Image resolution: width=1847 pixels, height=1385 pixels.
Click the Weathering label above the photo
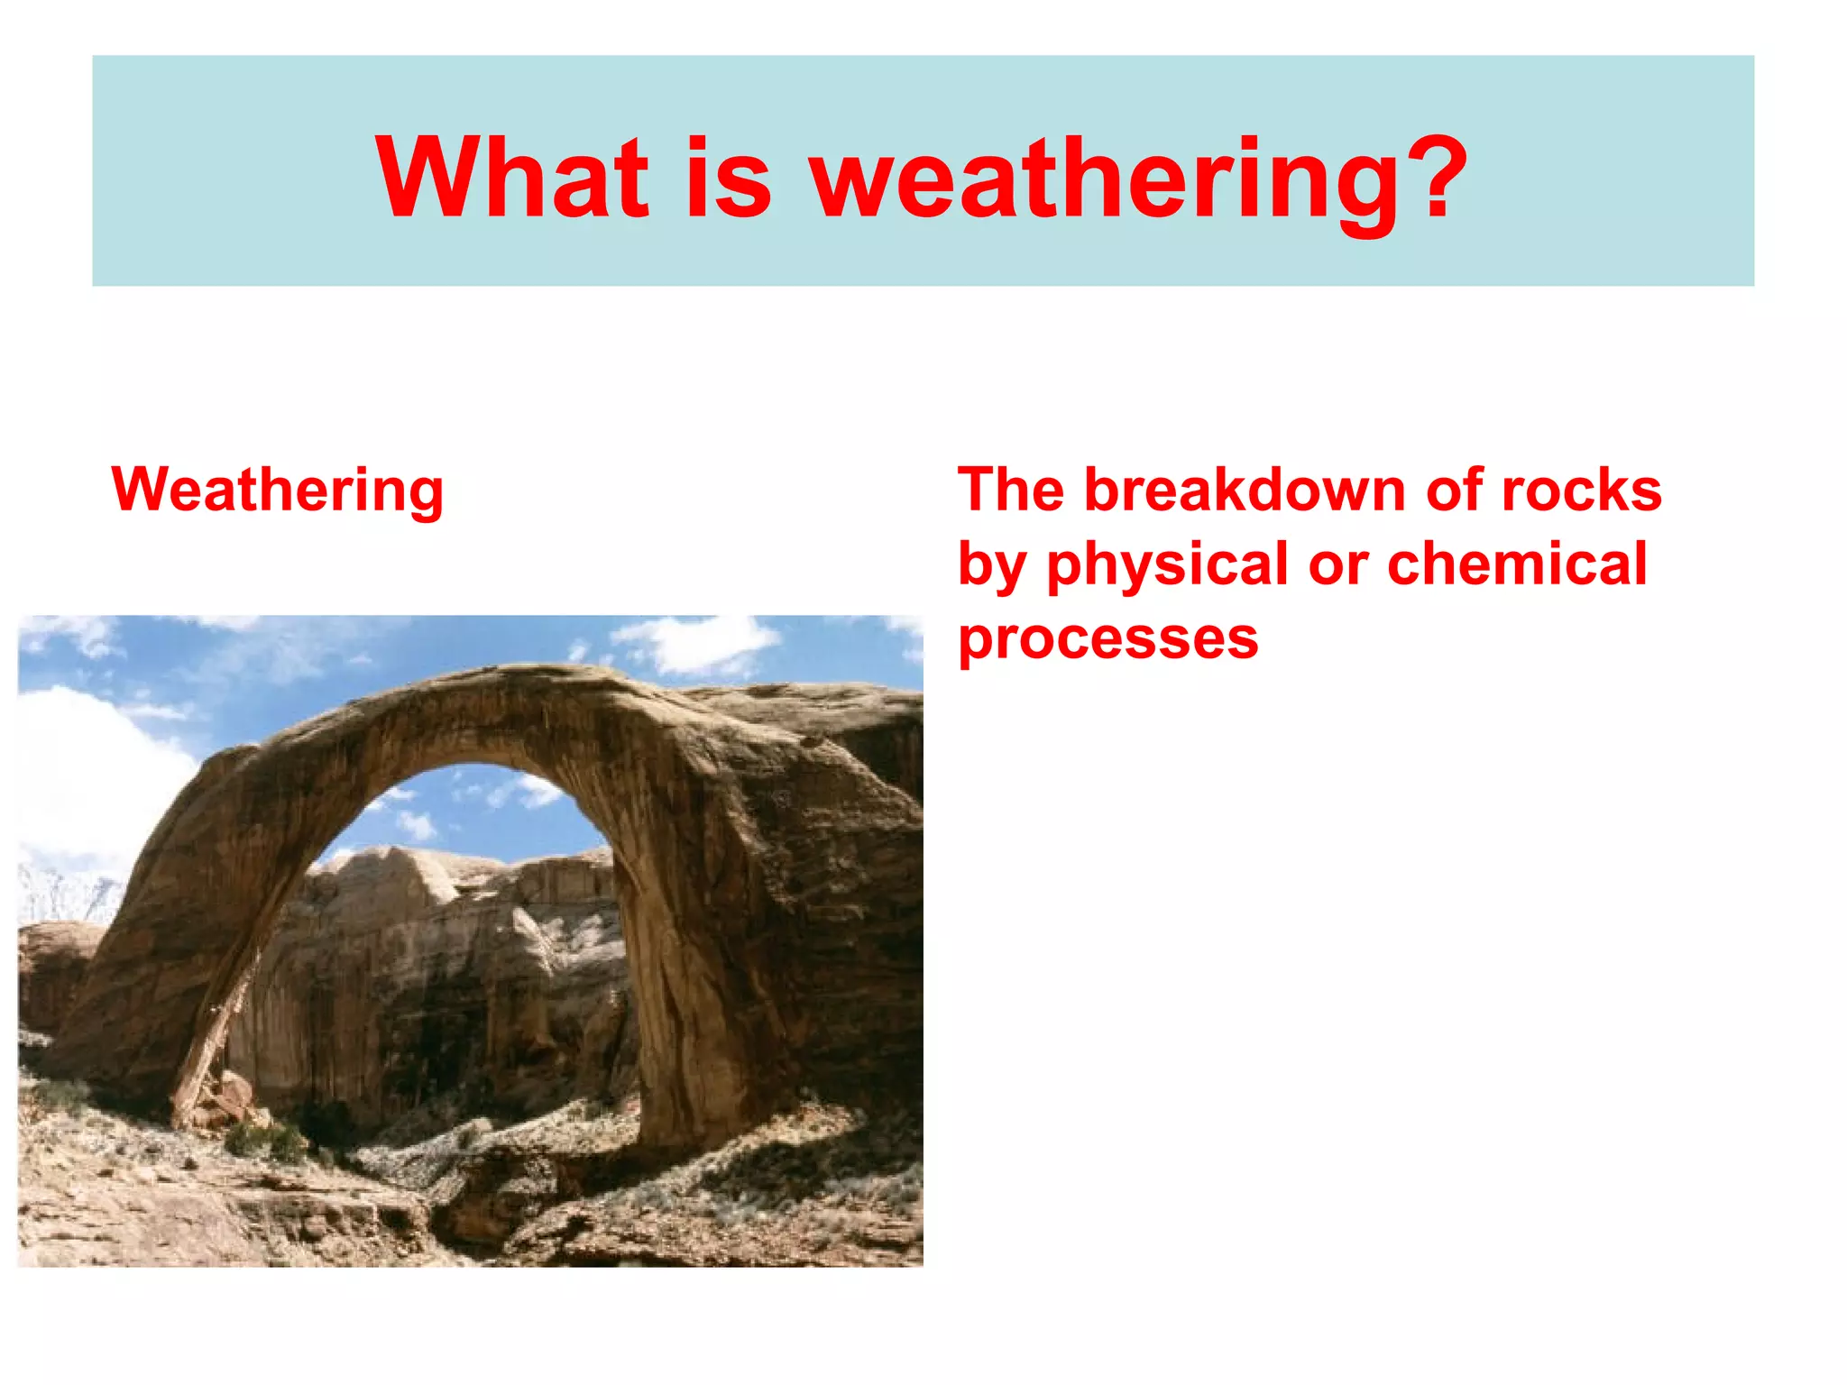click(278, 491)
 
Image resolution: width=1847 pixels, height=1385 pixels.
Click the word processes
click(1107, 640)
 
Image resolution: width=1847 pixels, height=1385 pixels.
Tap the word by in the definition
click(990, 566)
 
